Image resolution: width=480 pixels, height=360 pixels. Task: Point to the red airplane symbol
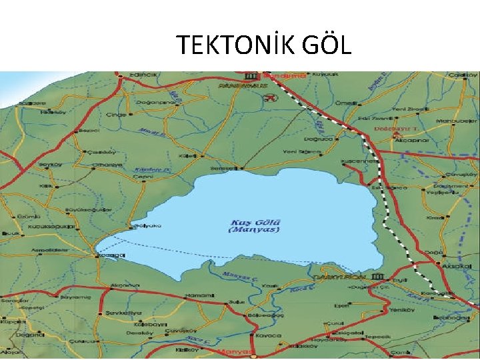point(269,99)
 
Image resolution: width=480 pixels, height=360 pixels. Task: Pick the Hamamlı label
point(198,295)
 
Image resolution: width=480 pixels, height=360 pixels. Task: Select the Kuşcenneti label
point(360,161)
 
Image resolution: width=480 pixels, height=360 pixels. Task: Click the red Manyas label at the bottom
point(238,351)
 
